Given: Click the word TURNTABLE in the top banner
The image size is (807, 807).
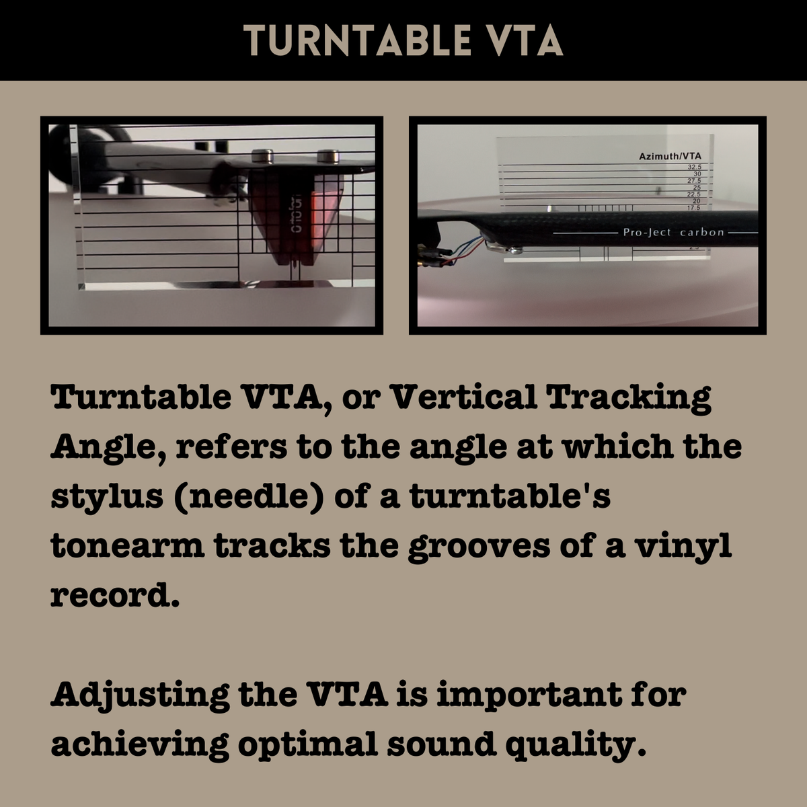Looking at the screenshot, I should [x=356, y=41].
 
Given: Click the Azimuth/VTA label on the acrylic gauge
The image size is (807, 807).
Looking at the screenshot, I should [x=669, y=157].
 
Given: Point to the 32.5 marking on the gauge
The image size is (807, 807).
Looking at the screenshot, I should [x=694, y=167].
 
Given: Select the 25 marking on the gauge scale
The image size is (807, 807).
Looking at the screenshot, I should [x=696, y=188].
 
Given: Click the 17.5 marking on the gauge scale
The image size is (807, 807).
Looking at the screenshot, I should [x=693, y=208].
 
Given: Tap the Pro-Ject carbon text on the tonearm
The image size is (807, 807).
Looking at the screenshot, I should [x=673, y=233].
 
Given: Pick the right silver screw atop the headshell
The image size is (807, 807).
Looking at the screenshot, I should [x=328, y=156].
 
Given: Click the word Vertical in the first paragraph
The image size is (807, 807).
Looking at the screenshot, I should [x=463, y=397].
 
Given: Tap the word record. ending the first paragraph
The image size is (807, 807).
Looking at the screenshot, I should [x=115, y=596].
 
